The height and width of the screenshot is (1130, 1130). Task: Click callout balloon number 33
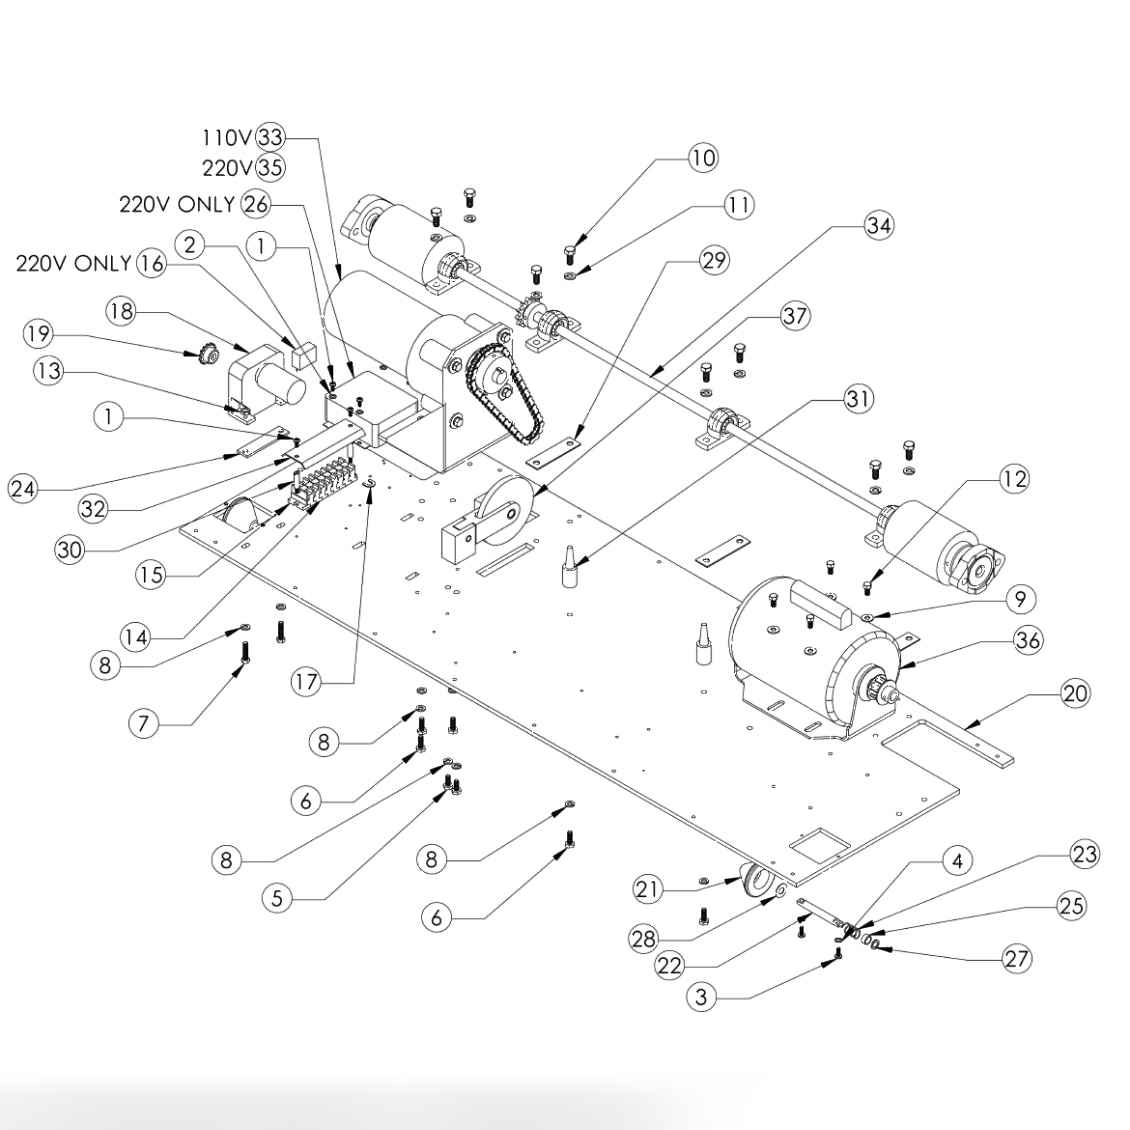(x=270, y=138)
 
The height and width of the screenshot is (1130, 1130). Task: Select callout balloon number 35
(x=270, y=167)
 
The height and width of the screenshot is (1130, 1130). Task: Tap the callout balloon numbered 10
(x=702, y=157)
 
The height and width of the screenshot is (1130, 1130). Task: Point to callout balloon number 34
(x=878, y=225)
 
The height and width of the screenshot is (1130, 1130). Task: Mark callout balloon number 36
(x=1027, y=640)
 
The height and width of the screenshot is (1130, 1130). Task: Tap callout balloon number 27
(x=1016, y=958)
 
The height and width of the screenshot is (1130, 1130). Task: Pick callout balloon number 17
(x=306, y=682)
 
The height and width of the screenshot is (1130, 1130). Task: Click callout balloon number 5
(x=278, y=898)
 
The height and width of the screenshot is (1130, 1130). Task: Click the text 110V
(x=227, y=138)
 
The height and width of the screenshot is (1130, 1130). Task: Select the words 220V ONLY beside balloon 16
(x=73, y=263)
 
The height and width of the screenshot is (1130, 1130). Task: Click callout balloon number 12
(x=1013, y=479)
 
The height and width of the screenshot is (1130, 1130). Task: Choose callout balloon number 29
(x=714, y=261)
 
